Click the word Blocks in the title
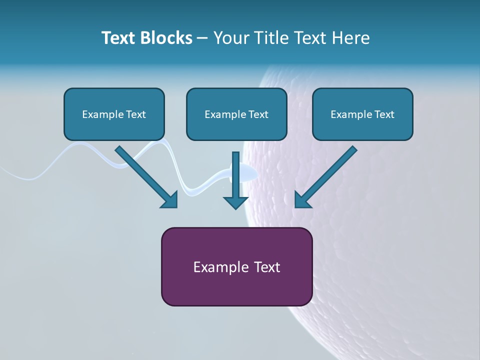tap(166, 38)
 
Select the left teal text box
tap(114, 114)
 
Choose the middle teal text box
tap(236, 114)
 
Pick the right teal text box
tap(363, 114)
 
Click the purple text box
tap(237, 266)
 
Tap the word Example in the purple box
tap(217, 267)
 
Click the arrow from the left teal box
tap(146, 177)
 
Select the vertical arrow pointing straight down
tap(235, 180)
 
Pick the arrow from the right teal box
tap(325, 177)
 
